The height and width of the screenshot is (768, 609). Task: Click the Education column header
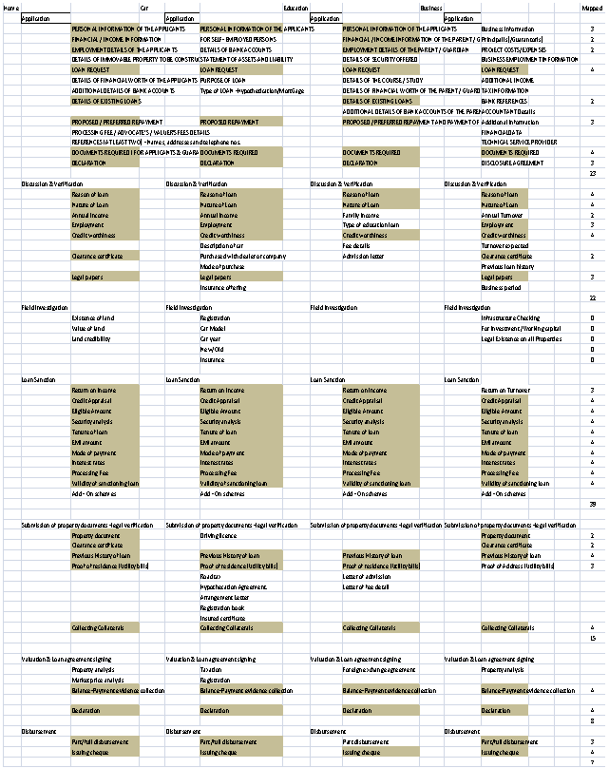[295, 8]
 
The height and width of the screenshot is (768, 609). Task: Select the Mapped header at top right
[591, 8]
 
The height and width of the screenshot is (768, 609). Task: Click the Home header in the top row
[11, 8]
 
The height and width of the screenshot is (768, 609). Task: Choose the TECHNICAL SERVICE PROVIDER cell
[519, 142]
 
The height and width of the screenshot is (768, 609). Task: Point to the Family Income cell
[360, 215]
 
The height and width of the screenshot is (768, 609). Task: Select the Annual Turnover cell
[503, 215]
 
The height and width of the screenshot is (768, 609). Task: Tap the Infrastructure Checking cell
[511, 318]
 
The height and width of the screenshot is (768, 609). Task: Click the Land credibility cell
[91, 339]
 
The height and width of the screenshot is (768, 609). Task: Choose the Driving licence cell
[218, 535]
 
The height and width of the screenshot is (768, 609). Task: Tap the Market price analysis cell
[98, 680]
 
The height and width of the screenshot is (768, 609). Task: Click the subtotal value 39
[592, 504]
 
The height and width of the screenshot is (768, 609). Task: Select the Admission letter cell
[364, 256]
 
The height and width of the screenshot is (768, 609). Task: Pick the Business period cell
[500, 287]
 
